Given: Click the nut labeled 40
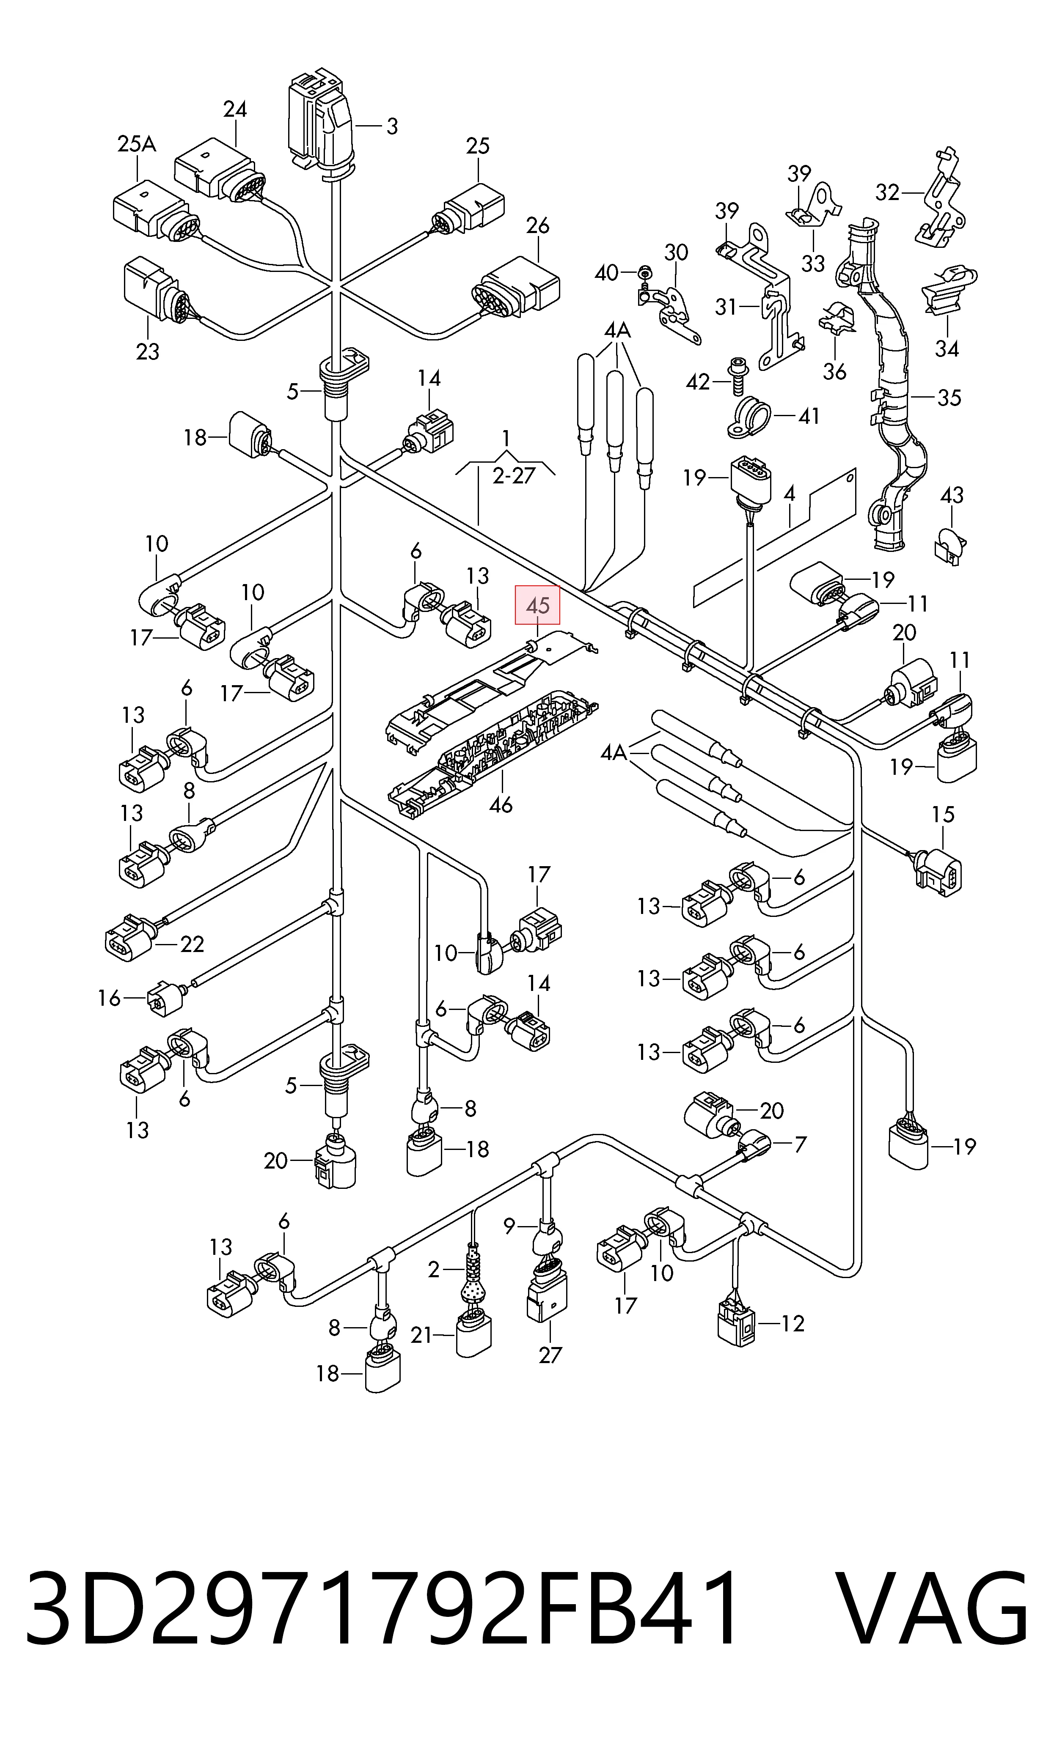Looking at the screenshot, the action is [x=644, y=271].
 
